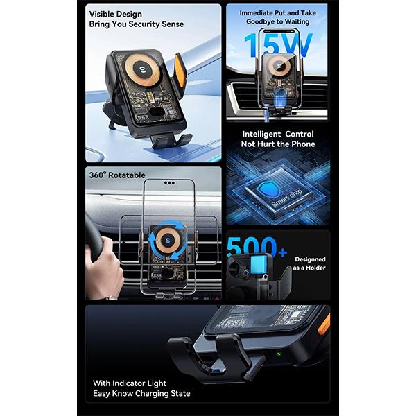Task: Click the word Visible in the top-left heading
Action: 101,14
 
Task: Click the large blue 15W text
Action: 278,45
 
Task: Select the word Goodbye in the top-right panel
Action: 259,21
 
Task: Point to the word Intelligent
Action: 261,134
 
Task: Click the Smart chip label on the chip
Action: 287,198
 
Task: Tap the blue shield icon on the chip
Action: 268,187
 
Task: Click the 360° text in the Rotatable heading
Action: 97,175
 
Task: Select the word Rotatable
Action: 127,175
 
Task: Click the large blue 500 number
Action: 252,246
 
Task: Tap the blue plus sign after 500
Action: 283,252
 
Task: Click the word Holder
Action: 315,268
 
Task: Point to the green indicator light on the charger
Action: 279,354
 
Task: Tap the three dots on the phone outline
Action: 169,183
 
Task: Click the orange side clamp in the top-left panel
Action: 180,69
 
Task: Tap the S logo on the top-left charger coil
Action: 142,70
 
